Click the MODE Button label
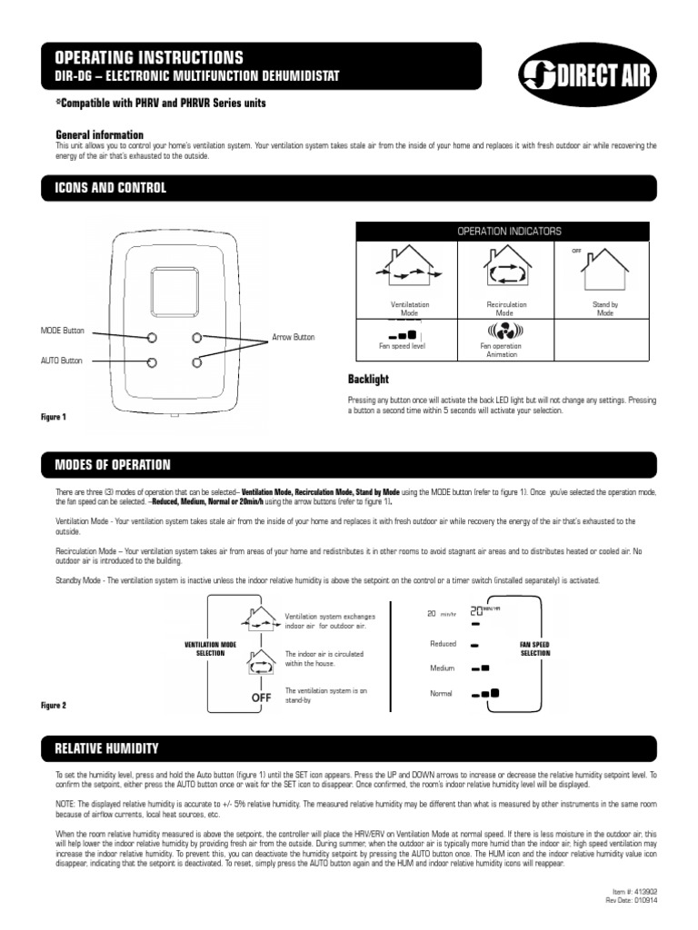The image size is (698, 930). point(61,330)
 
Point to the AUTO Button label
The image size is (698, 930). point(61,361)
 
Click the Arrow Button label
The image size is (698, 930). point(294,337)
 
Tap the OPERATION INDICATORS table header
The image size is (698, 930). point(509,232)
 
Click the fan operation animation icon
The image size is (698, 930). point(506,330)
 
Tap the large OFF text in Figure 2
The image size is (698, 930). point(262,697)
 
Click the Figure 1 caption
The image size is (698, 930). point(54,417)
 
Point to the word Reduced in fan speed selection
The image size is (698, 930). point(443,644)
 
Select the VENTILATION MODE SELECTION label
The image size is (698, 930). point(210,648)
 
